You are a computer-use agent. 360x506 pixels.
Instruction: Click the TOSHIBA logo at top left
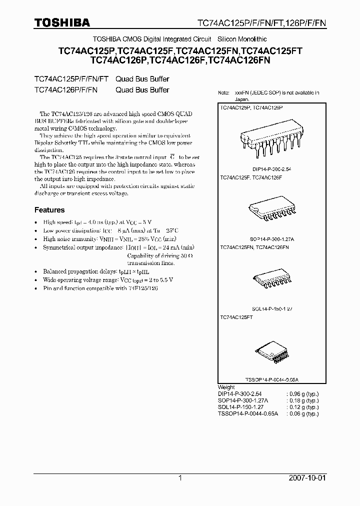(62, 22)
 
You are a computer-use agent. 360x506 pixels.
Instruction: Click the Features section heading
(49, 210)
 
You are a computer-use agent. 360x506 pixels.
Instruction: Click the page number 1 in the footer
(180, 478)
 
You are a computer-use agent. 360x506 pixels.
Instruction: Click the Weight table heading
(226, 387)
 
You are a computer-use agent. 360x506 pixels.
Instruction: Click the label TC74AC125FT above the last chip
(236, 317)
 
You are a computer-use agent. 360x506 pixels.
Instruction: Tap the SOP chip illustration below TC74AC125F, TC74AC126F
(268, 212)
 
